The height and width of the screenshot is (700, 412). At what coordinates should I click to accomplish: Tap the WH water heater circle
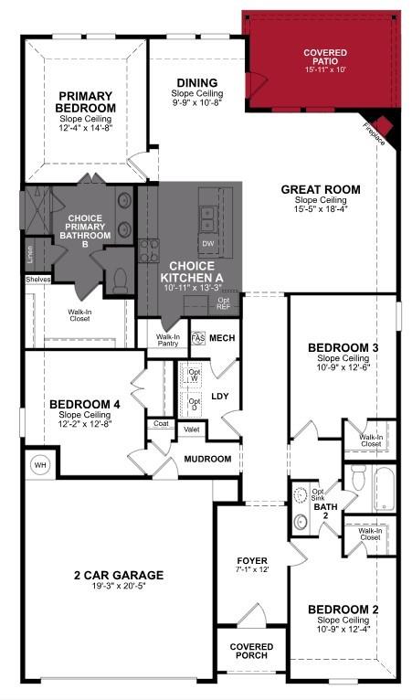pos(40,464)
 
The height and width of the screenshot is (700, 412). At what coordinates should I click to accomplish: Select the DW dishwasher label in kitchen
pos(207,244)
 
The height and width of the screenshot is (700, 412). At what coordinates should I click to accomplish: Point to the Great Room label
pos(320,190)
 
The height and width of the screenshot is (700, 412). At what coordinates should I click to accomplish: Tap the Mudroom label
pos(208,459)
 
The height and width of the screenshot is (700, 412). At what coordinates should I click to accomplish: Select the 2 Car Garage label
pos(119,575)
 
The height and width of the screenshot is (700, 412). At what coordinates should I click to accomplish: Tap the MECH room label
pos(222,338)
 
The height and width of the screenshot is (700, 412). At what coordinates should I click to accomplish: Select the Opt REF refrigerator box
pos(223,304)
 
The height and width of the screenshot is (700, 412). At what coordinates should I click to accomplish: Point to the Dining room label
pos(197,82)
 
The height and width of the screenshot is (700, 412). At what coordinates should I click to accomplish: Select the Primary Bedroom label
pos(84,101)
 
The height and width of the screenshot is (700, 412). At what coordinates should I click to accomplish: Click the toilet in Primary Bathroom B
pos(118,281)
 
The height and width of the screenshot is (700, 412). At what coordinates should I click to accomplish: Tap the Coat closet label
pos(161,423)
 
